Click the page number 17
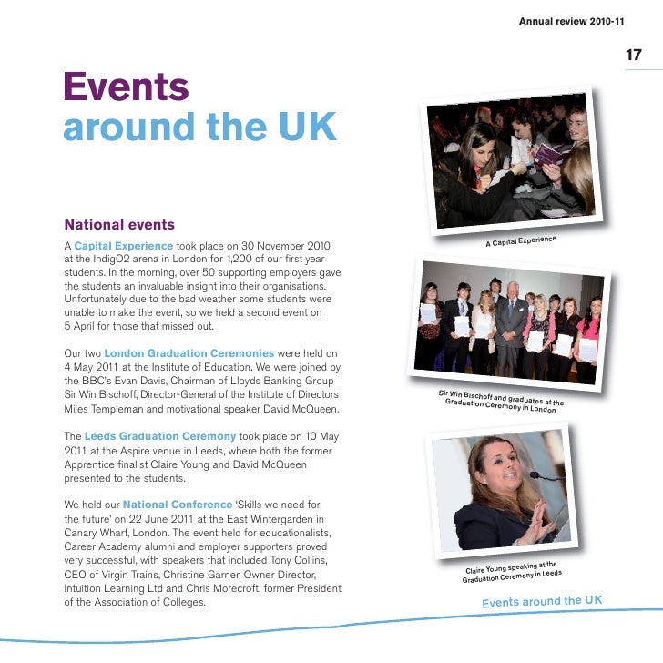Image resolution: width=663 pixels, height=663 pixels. click(x=634, y=56)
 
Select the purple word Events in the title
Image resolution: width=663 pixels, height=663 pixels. click(x=126, y=87)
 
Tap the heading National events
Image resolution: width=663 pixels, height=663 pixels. click(x=119, y=224)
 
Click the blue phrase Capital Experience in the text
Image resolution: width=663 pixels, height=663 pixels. click(x=123, y=246)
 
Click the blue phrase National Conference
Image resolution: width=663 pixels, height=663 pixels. click(x=178, y=504)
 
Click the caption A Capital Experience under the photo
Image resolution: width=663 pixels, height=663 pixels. click(x=520, y=241)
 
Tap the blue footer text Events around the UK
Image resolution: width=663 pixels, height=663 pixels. click(x=542, y=602)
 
